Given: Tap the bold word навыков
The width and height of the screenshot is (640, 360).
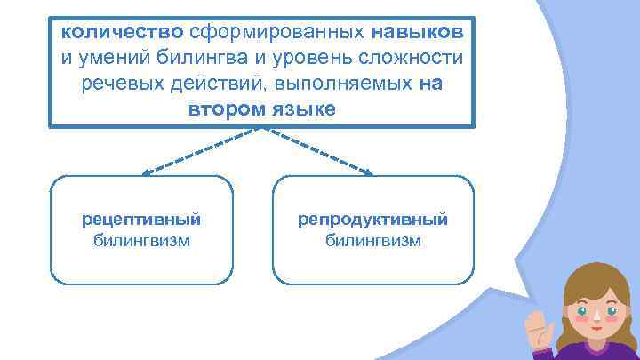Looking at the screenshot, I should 418,32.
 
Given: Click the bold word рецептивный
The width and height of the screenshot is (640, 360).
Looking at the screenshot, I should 141,219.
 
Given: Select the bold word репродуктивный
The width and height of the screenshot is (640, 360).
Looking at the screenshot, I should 372,219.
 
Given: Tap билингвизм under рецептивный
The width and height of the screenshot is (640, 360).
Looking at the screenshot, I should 141,240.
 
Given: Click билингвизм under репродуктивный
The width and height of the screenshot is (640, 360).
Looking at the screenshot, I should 372,240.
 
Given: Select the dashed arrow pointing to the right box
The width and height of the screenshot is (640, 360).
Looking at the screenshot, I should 320,151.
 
